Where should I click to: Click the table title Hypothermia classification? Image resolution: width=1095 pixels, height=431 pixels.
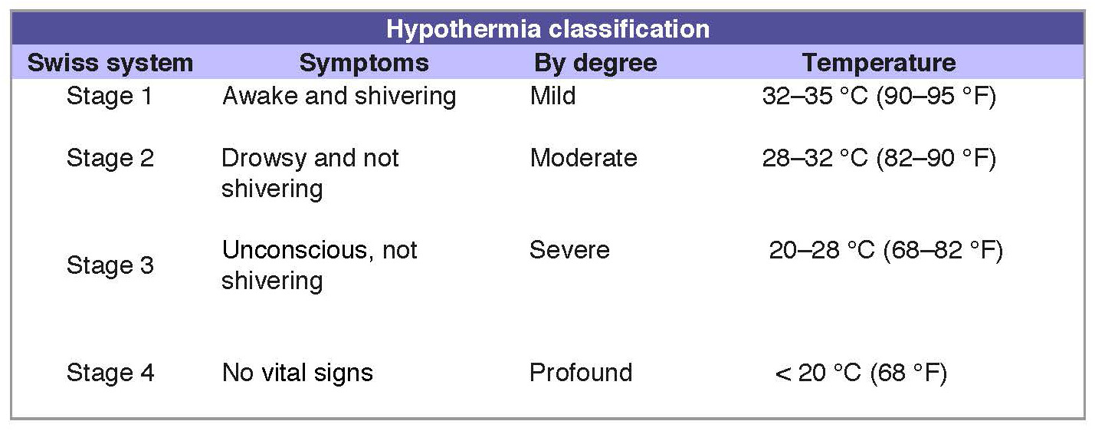tap(547, 29)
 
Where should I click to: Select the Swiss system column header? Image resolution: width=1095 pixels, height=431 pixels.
tap(110, 63)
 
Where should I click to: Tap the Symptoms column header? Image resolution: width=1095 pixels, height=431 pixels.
tap(364, 63)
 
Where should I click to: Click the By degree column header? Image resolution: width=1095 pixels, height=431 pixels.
tap(595, 63)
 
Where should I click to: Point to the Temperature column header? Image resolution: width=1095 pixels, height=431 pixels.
tap(879, 63)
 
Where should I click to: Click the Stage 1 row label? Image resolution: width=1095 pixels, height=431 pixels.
tap(110, 96)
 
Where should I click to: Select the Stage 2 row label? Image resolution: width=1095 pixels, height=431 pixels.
tap(110, 158)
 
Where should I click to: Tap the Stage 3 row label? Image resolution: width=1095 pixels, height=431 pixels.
tap(110, 265)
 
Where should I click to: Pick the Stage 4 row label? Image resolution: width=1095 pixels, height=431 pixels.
tap(110, 373)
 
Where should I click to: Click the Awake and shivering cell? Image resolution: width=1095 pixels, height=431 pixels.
tap(339, 96)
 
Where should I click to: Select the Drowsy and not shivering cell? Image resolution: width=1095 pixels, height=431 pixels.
tap(310, 173)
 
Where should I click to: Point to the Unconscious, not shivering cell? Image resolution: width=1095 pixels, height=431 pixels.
tap(320, 265)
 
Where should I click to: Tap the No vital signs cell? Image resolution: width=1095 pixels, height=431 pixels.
tap(297, 373)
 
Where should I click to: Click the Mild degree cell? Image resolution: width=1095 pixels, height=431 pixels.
tap(553, 96)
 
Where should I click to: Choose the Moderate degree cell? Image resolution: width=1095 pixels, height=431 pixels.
tap(584, 158)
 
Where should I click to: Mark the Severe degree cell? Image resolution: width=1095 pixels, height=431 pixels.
tap(569, 250)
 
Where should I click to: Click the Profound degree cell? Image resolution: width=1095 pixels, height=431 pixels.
tap(581, 373)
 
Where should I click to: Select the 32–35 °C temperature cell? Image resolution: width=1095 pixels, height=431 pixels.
tap(879, 96)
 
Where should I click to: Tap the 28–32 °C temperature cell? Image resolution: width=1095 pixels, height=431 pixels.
tap(879, 158)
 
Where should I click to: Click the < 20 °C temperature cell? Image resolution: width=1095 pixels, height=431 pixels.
tap(861, 373)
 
